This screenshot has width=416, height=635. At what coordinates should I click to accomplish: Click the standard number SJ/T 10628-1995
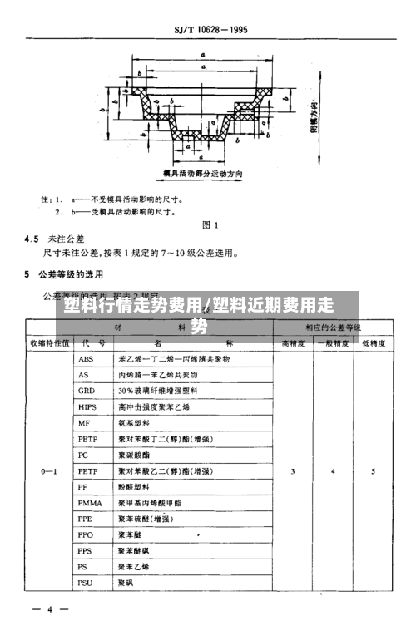211,31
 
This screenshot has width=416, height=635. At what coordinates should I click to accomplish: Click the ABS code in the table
86,359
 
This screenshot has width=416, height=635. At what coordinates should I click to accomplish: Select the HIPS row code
87,406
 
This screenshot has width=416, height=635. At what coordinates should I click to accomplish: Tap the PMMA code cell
89,503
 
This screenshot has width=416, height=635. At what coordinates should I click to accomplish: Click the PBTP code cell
88,439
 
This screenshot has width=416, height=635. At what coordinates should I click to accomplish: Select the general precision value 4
333,471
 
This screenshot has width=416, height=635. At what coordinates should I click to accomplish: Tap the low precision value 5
372,471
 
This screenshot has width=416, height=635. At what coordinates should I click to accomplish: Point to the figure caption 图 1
210,224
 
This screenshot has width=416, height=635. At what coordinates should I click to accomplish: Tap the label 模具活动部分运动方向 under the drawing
204,174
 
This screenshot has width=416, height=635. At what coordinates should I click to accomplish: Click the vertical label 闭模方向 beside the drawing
314,115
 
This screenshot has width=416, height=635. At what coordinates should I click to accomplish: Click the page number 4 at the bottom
49,610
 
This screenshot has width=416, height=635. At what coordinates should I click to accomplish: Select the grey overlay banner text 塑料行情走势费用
133,305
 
